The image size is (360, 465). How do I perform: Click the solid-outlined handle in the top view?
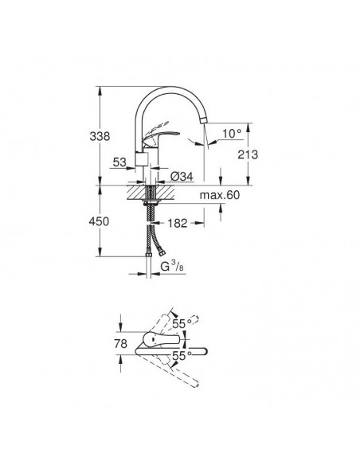[x=159, y=345]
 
